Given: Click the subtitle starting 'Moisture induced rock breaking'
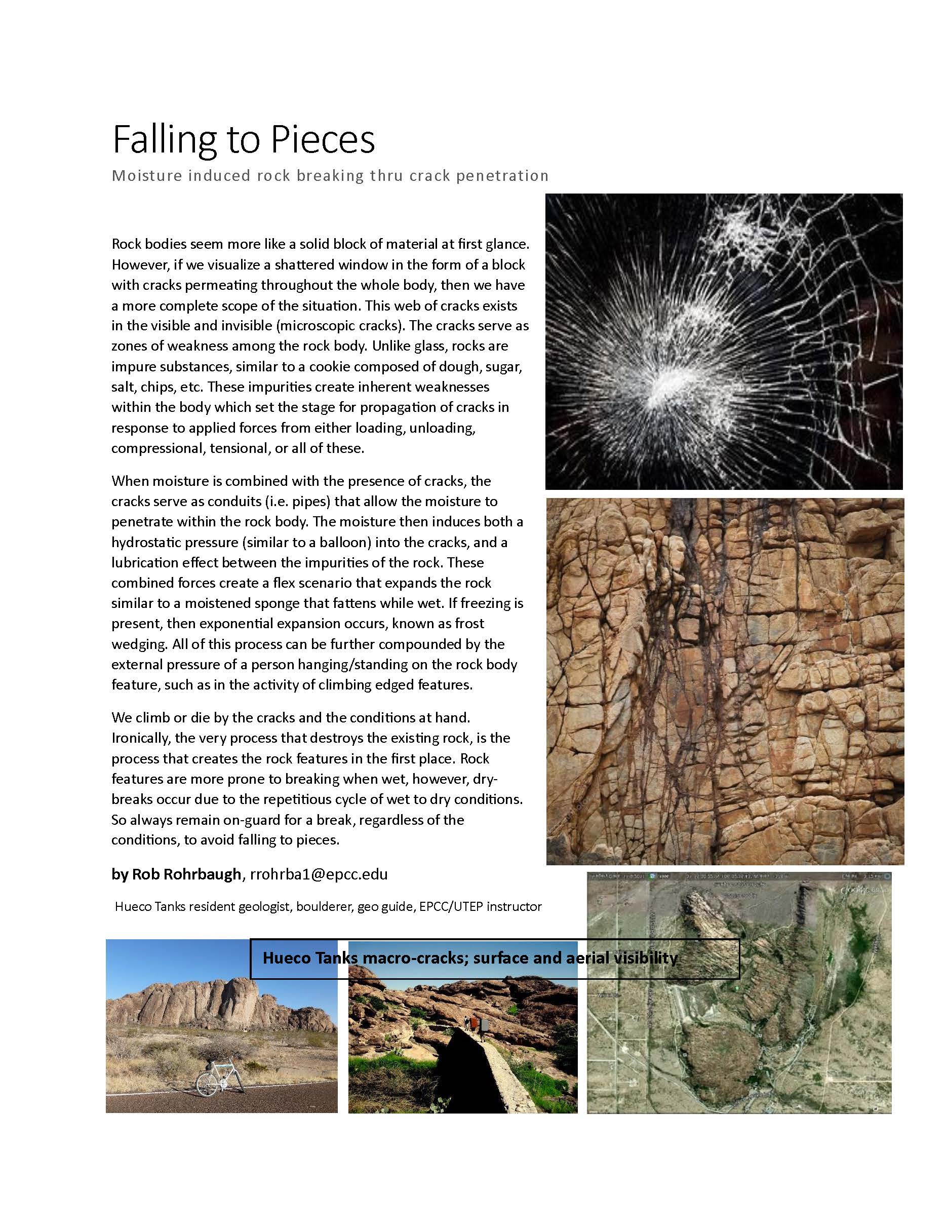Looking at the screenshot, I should point(330,176).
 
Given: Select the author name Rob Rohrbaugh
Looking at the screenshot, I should point(186,874).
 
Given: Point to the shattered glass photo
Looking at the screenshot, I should point(724,341).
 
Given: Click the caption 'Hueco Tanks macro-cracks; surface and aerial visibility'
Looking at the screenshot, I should point(470,957).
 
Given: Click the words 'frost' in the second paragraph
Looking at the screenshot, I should point(467,623).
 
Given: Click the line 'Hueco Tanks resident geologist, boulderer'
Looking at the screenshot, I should point(328,906).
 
